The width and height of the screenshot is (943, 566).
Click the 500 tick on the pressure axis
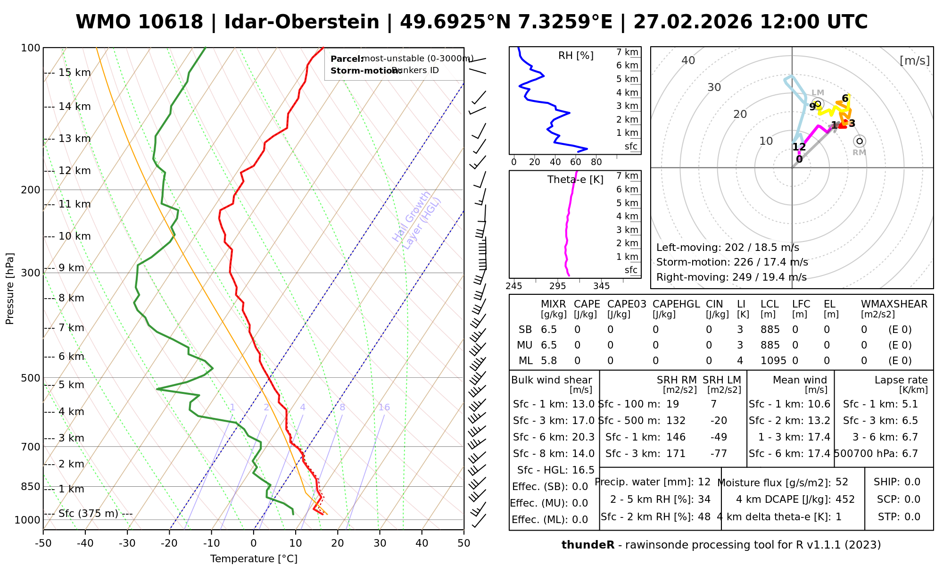32,378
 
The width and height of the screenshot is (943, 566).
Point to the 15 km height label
74,73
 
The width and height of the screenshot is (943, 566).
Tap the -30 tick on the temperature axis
127,543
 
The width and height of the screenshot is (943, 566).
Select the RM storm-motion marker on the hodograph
860,141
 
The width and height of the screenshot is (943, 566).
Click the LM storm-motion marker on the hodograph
818,104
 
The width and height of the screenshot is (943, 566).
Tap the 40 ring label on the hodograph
688,60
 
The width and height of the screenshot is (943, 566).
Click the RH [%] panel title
576,56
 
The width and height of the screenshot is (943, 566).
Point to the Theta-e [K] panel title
575,180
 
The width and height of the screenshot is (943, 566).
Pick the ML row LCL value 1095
773,361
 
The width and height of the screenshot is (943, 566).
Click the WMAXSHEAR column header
894,304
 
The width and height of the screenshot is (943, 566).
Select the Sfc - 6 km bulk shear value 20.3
583,437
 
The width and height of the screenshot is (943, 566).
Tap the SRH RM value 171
676,454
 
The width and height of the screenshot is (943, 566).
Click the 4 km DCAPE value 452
845,499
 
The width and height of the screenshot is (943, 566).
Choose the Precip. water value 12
704,482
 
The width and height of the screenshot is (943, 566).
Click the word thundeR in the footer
588,545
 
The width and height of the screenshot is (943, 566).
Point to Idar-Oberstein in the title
302,22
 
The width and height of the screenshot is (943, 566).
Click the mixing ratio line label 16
384,408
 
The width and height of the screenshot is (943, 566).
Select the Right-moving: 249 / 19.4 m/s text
731,277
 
